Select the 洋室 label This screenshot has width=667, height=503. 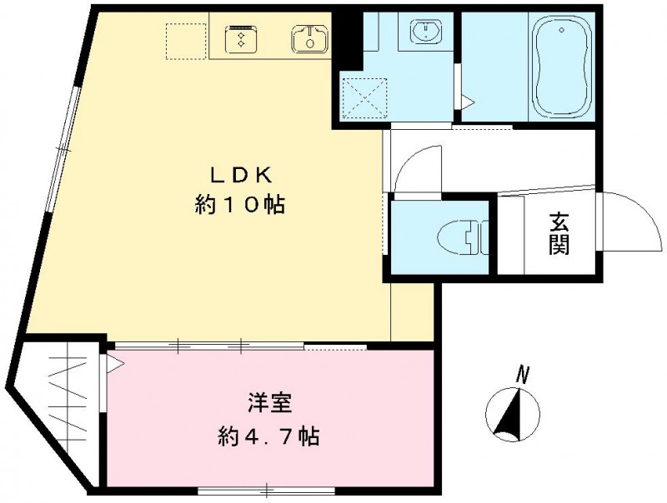point(268,403)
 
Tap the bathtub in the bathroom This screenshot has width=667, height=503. point(561,72)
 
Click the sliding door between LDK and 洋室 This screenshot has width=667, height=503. point(208,344)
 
